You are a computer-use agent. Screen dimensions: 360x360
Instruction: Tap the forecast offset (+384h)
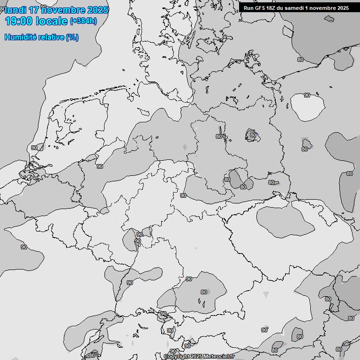coord(83,21)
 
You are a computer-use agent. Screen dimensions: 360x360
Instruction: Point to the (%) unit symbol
coord(72,37)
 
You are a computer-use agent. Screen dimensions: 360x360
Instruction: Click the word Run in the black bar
coord(248,8)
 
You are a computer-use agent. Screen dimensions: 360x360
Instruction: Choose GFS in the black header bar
coord(261,8)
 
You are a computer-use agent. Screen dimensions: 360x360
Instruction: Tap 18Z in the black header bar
coord(273,8)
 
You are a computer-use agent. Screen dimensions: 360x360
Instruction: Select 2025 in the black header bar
coord(343,8)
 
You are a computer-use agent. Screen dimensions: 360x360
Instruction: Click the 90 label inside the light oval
coord(307,95)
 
